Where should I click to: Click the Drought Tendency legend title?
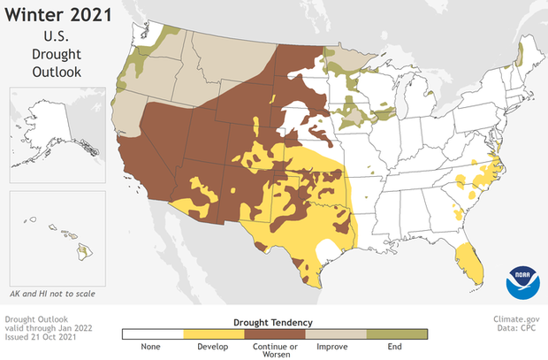click(x=274, y=322)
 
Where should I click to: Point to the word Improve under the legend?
click(x=335, y=347)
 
